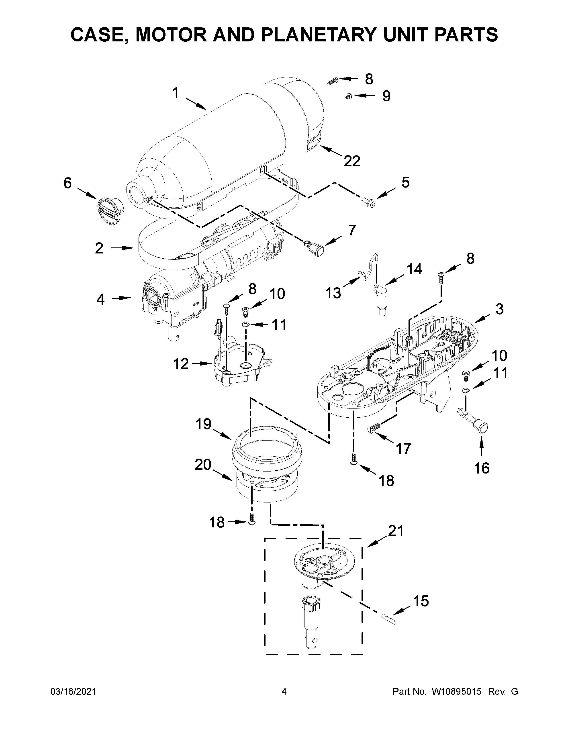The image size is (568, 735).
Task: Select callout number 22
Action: (x=352, y=161)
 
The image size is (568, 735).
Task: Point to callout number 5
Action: (x=405, y=182)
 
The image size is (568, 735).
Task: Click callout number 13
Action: (x=333, y=293)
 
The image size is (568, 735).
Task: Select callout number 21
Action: (x=395, y=531)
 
